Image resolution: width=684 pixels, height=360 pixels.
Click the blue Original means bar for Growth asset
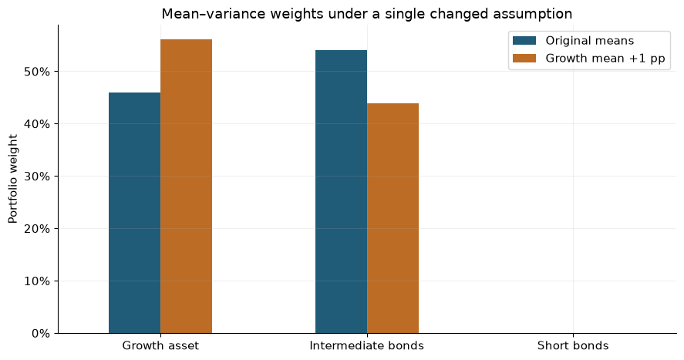[x=134, y=213]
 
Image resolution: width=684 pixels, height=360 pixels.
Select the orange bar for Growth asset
[x=187, y=187]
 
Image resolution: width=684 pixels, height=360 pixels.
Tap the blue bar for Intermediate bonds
[x=341, y=192]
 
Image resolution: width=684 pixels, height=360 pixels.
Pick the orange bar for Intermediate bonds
[x=393, y=218]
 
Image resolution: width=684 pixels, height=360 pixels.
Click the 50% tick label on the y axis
[x=37, y=72]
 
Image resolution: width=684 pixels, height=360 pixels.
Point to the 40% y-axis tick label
[x=37, y=124]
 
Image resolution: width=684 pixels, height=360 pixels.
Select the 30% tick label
[x=37, y=177]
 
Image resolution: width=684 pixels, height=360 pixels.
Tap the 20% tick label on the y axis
[x=37, y=229]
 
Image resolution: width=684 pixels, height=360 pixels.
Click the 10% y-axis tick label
[x=37, y=281]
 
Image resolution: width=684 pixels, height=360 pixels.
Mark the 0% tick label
[x=41, y=334]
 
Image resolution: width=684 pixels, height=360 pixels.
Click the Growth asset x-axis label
[x=160, y=345]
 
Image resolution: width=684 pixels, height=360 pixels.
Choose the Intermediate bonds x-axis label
[x=367, y=345]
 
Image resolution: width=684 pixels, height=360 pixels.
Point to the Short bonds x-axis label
[x=573, y=345]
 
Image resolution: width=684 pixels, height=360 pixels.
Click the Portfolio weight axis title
[x=13, y=179]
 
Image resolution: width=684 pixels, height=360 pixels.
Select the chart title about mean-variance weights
[x=367, y=14]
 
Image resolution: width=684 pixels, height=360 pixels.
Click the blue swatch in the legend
[x=524, y=41]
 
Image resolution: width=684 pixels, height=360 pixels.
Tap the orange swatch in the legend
[x=524, y=59]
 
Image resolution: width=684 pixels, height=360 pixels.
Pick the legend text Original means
[x=590, y=41]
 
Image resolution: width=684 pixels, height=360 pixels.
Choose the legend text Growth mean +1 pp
[x=605, y=59]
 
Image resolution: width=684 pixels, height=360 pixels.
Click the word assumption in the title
[x=533, y=15]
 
